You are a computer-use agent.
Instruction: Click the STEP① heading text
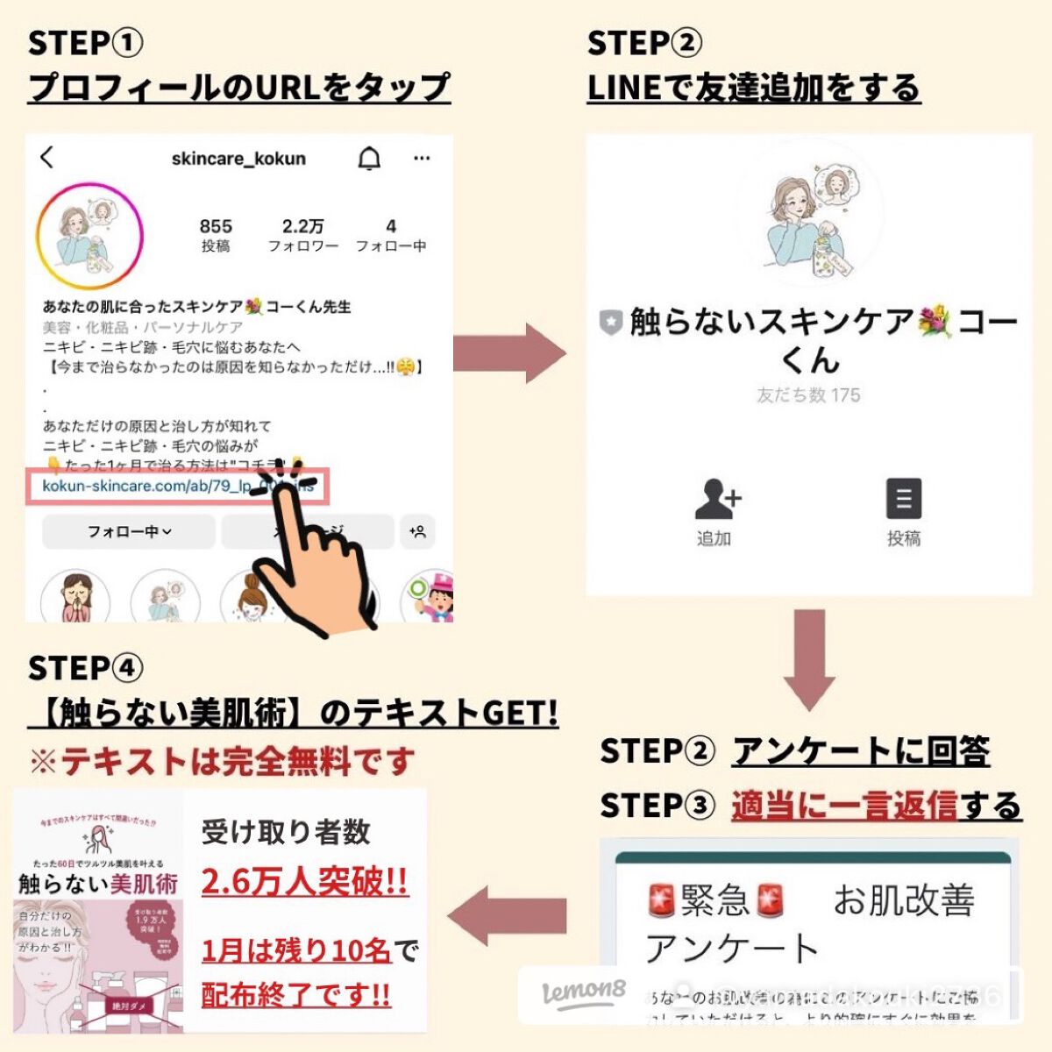tap(85, 43)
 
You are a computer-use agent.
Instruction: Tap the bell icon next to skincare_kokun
tap(370, 159)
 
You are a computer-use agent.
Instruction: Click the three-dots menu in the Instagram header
tap(422, 159)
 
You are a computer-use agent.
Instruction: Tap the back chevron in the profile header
tap(47, 158)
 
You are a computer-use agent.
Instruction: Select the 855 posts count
tap(216, 234)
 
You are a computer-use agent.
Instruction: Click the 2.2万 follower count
tap(302, 234)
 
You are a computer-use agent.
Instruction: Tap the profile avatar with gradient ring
tap(89, 235)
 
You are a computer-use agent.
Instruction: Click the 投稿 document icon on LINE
tap(903, 501)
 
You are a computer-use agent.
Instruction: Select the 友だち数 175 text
tap(808, 395)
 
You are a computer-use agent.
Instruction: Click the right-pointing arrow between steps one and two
tap(509, 352)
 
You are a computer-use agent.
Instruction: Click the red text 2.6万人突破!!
tap(304, 881)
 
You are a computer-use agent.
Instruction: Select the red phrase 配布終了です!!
tap(295, 995)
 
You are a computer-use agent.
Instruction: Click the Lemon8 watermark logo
tap(584, 993)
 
